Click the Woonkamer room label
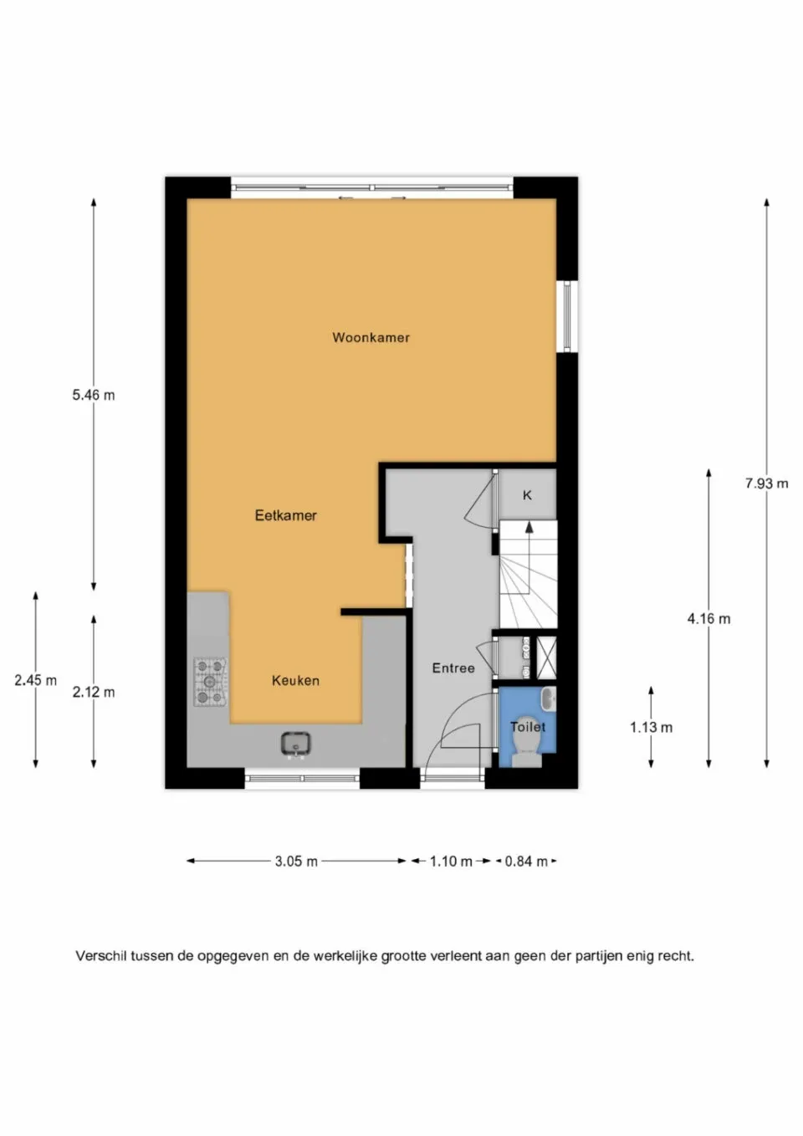click(x=371, y=338)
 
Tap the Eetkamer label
click(x=285, y=515)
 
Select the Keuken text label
click(x=295, y=681)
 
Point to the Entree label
click(x=453, y=668)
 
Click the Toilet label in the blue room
click(x=528, y=727)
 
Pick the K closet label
click(x=527, y=495)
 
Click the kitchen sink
click(x=295, y=743)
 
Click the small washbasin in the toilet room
click(x=548, y=698)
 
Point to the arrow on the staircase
click(x=529, y=527)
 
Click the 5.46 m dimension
click(x=93, y=395)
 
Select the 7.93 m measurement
click(x=766, y=484)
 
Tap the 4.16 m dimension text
click(x=708, y=619)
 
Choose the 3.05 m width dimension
click(x=296, y=861)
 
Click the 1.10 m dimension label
click(x=451, y=861)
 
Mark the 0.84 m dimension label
click(x=526, y=861)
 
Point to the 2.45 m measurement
click(x=35, y=680)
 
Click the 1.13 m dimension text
click(x=651, y=727)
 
